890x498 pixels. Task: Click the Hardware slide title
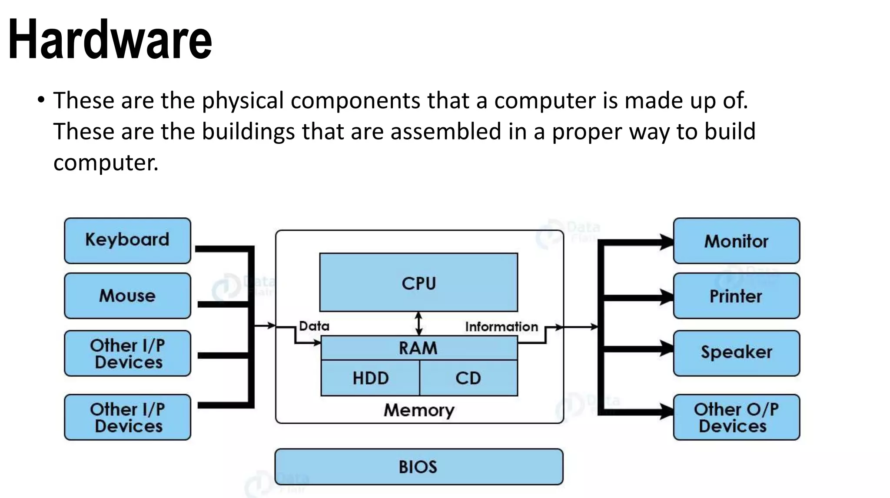point(110,39)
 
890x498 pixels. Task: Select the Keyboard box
point(127,240)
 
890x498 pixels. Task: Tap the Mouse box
point(127,295)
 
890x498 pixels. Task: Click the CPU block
point(418,282)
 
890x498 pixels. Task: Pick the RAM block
point(418,348)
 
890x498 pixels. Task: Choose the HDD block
point(370,378)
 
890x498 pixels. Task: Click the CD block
point(468,378)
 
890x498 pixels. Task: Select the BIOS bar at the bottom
point(418,467)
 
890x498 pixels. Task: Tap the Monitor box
point(736,241)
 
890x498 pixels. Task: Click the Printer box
point(736,296)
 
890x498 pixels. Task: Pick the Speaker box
point(736,352)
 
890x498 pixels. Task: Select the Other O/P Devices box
point(736,417)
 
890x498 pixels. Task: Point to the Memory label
point(419,410)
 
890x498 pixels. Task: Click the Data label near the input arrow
point(314,326)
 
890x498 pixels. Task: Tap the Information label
point(501,326)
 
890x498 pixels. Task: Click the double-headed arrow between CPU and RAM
point(419,323)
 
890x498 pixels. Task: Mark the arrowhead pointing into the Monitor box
point(667,242)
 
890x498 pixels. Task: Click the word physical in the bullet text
point(242,100)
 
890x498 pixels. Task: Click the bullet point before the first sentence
point(41,100)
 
